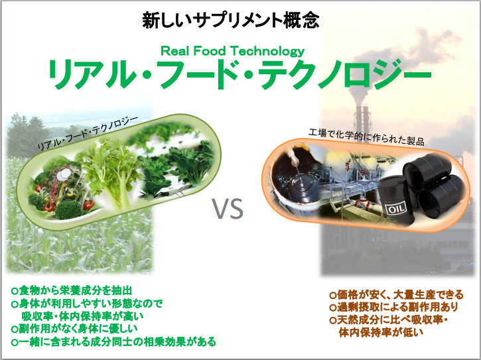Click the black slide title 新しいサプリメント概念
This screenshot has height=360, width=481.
pos(231,21)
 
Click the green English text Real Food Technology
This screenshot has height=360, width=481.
pos(232,51)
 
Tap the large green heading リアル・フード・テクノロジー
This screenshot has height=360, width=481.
pos(240,74)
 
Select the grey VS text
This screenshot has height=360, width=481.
pos(228,209)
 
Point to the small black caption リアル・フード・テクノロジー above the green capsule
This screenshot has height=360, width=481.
pos(88,133)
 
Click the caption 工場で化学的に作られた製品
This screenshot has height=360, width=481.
pos(366,137)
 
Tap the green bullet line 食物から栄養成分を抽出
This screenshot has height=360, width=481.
pos(72,290)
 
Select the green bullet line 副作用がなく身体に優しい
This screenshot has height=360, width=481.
pos(74,329)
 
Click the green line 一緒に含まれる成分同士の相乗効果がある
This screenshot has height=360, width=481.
pos(113,341)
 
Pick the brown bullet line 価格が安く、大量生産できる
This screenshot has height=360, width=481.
pos(396,294)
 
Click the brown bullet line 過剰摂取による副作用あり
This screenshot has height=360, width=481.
pos(394,307)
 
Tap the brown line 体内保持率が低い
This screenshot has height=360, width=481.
pos(381,332)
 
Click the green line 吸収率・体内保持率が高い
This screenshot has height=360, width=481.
pos(82,316)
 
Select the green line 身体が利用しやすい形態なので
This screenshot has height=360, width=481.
pos(87,303)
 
